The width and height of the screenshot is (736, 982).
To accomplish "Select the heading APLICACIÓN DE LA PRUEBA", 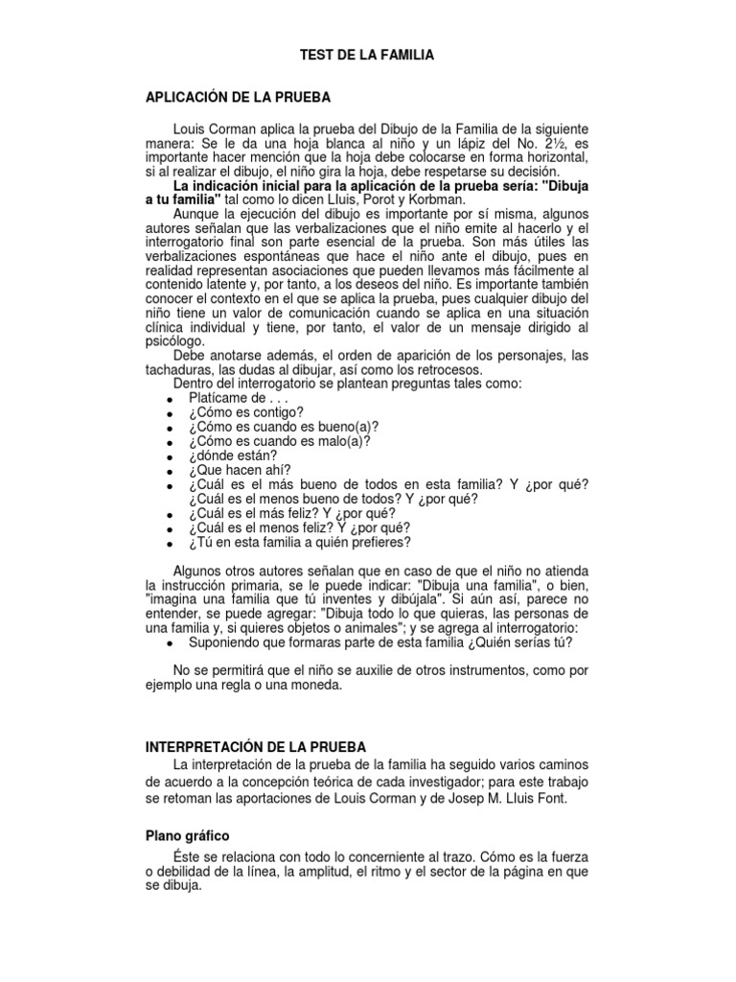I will click(237, 98).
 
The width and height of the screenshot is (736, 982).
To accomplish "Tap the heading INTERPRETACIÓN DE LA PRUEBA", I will click(254, 745).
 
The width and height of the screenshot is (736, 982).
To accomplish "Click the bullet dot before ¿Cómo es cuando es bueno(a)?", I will click(169, 429).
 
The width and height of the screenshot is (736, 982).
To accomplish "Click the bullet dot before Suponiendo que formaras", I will click(169, 644).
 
